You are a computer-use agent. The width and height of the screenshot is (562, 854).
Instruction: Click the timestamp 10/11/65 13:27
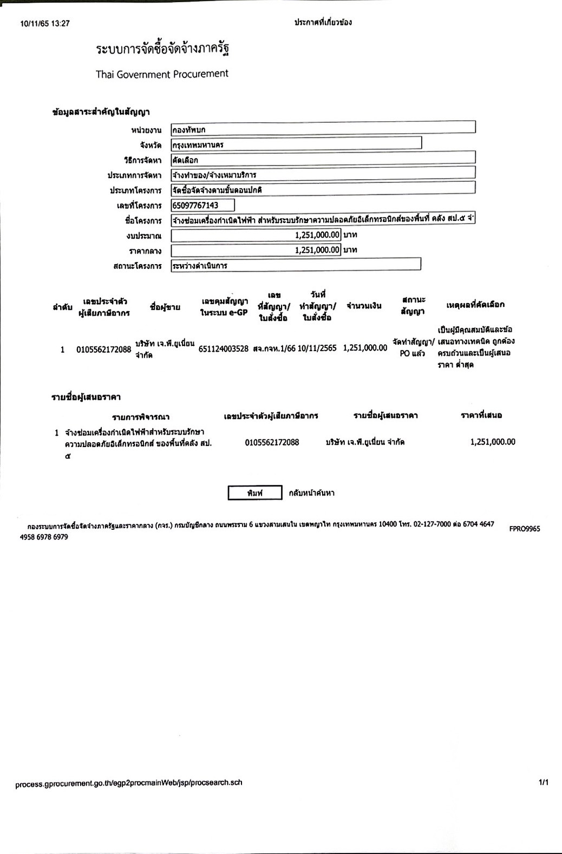(x=45, y=23)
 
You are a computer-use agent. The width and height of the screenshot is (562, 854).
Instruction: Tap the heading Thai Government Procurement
(x=162, y=74)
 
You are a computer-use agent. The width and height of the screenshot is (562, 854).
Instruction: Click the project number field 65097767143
(x=202, y=205)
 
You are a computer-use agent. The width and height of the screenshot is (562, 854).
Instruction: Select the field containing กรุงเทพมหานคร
(x=296, y=144)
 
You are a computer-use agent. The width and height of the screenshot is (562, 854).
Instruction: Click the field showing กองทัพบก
(x=323, y=129)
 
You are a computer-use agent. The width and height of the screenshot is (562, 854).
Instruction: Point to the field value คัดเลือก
(x=323, y=160)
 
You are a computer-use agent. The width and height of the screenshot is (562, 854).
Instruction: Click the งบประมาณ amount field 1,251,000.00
(x=256, y=235)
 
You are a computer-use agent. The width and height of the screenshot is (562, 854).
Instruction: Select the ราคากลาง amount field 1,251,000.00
(x=256, y=250)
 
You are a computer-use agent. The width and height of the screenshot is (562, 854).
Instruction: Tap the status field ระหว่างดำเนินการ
(x=296, y=265)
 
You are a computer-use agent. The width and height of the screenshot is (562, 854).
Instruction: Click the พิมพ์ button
(x=254, y=493)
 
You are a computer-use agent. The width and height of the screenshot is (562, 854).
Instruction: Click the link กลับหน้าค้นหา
(x=311, y=493)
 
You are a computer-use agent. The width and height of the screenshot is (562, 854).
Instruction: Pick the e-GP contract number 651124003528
(x=223, y=349)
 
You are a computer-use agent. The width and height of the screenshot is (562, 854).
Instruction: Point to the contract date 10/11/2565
(x=317, y=348)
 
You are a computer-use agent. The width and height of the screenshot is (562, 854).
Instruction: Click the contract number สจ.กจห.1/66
(x=274, y=349)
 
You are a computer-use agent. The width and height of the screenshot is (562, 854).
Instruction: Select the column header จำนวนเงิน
(x=364, y=306)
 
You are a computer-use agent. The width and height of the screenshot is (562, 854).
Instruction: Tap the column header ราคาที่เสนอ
(x=481, y=415)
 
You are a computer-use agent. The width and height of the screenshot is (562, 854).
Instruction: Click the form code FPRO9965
(x=524, y=529)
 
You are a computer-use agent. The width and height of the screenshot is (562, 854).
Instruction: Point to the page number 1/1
(x=544, y=783)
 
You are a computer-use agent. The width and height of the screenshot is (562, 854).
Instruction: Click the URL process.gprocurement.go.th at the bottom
(x=129, y=783)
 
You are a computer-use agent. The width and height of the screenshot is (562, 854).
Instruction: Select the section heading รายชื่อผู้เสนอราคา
(x=86, y=397)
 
